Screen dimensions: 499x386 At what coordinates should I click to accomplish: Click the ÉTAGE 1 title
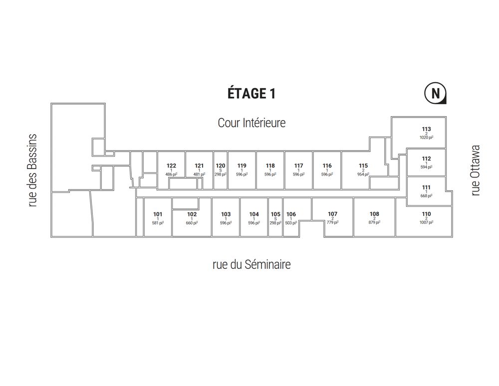click(251, 93)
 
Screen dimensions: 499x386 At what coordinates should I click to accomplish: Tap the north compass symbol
click(435, 93)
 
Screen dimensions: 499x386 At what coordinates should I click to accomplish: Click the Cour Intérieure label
click(251, 123)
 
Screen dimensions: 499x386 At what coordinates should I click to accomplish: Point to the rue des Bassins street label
click(32, 171)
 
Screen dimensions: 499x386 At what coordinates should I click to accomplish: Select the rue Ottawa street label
click(475, 171)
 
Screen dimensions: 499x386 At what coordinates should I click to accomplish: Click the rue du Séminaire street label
click(251, 264)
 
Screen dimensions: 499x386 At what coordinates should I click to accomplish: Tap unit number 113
click(427, 129)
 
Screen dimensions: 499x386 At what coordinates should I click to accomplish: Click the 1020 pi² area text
click(427, 138)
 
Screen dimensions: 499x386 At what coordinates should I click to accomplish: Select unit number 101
click(158, 214)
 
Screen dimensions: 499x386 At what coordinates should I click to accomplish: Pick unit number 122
click(171, 166)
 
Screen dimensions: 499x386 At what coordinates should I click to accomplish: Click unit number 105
click(275, 214)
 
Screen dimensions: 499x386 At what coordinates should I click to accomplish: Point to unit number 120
click(221, 166)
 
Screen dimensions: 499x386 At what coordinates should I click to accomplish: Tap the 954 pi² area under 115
click(363, 174)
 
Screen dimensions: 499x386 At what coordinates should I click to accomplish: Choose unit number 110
click(427, 214)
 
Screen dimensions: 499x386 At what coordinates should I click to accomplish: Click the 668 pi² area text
click(427, 196)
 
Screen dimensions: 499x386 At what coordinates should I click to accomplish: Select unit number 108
click(374, 214)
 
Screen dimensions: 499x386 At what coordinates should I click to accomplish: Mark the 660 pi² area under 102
click(192, 223)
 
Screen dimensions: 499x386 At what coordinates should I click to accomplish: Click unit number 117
click(298, 166)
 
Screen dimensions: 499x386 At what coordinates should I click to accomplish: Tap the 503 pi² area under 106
click(291, 223)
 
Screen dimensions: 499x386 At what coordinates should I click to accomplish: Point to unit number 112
click(427, 159)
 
